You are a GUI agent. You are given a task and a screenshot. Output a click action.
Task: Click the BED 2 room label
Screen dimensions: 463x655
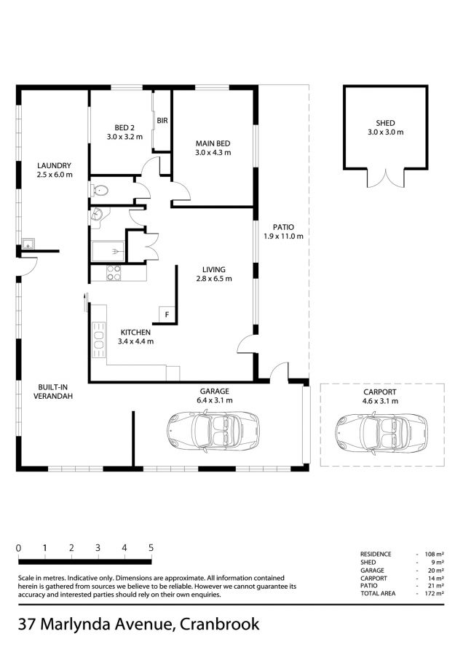124,132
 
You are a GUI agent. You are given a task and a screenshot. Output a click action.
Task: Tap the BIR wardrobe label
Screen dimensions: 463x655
162,120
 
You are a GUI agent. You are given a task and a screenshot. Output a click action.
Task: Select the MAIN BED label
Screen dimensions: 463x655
213,148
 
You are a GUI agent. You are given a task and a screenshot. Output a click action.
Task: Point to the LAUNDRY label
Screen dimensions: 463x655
55,170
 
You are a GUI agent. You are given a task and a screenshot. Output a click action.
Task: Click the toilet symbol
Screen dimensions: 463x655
100,191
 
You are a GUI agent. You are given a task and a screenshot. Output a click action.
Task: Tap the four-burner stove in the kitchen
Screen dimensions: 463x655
114,273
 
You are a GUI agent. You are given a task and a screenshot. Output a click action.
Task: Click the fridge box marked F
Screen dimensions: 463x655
167,314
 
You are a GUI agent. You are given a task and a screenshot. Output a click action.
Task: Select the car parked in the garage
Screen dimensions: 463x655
213,430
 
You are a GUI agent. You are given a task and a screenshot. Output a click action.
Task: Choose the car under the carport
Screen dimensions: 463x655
381,433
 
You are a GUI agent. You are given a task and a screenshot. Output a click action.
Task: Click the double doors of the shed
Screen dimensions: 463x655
386,178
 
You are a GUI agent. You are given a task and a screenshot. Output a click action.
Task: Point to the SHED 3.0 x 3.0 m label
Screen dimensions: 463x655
385,127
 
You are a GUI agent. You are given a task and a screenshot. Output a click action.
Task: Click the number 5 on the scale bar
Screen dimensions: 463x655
151,547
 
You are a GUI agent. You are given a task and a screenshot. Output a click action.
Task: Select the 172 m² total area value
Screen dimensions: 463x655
434,593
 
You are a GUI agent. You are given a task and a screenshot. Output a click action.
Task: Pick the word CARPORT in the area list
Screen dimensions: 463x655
373,578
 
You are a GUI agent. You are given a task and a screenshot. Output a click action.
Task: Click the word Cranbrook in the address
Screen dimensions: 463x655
219,624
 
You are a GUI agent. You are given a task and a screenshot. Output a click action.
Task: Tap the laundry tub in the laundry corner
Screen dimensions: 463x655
28,244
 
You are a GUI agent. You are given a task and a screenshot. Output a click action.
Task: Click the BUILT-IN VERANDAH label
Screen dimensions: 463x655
53,392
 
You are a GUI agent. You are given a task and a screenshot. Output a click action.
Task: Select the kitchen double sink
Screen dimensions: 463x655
99,340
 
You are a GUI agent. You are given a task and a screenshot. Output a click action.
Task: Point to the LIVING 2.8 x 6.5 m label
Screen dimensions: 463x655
214,274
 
